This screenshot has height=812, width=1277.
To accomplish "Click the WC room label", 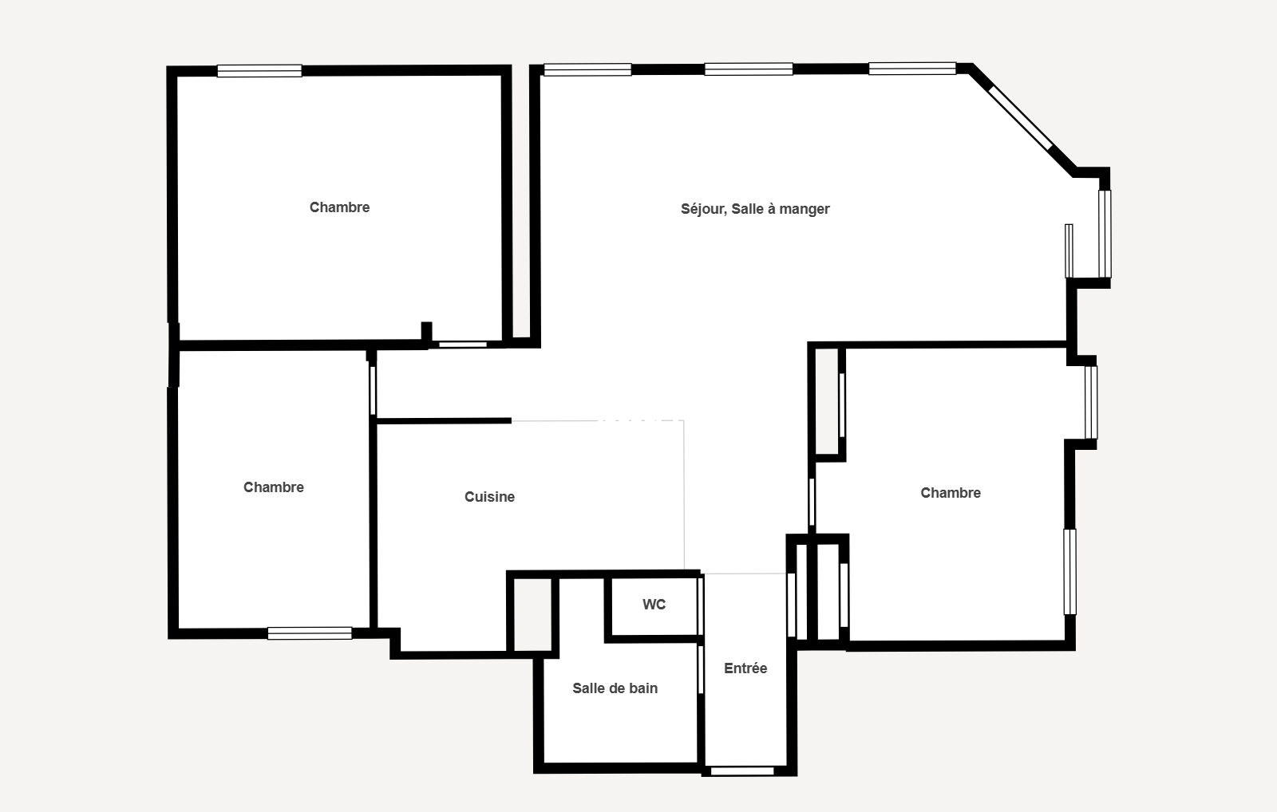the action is pyautogui.click(x=654, y=605).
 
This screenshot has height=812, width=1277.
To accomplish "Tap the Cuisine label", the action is pyautogui.click(x=490, y=497).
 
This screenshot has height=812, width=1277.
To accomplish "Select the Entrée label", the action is pyautogui.click(x=745, y=668).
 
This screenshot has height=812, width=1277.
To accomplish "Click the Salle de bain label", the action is pyautogui.click(x=615, y=688).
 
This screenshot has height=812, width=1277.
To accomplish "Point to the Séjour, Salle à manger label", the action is pyautogui.click(x=755, y=209).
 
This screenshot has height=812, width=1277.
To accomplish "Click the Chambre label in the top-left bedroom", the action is pyautogui.click(x=340, y=207).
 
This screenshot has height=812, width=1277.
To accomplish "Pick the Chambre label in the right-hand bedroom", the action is pyautogui.click(x=951, y=493).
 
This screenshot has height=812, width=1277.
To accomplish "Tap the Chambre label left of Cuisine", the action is pyautogui.click(x=274, y=487).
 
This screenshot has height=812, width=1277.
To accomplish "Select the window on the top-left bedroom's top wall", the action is pyautogui.click(x=259, y=71).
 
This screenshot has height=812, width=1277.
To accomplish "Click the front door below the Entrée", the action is pyautogui.click(x=742, y=771).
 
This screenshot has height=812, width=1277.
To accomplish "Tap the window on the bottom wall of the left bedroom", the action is pyautogui.click(x=310, y=633).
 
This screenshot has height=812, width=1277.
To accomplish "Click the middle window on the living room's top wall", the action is pyautogui.click(x=749, y=69).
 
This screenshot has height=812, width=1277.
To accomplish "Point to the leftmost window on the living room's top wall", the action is pyautogui.click(x=587, y=69).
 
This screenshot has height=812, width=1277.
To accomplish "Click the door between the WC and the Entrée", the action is pyautogui.click(x=701, y=606).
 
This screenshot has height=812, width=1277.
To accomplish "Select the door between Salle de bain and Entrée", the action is pyautogui.click(x=701, y=669).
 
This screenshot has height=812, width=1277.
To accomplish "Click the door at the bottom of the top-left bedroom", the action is pyautogui.click(x=462, y=344).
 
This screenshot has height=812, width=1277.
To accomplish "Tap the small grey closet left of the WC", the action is pyautogui.click(x=533, y=614).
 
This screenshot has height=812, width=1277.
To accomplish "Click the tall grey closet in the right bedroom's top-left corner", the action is pyautogui.click(x=827, y=402).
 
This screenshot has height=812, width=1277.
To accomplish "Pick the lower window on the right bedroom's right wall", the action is pyautogui.click(x=1070, y=572).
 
